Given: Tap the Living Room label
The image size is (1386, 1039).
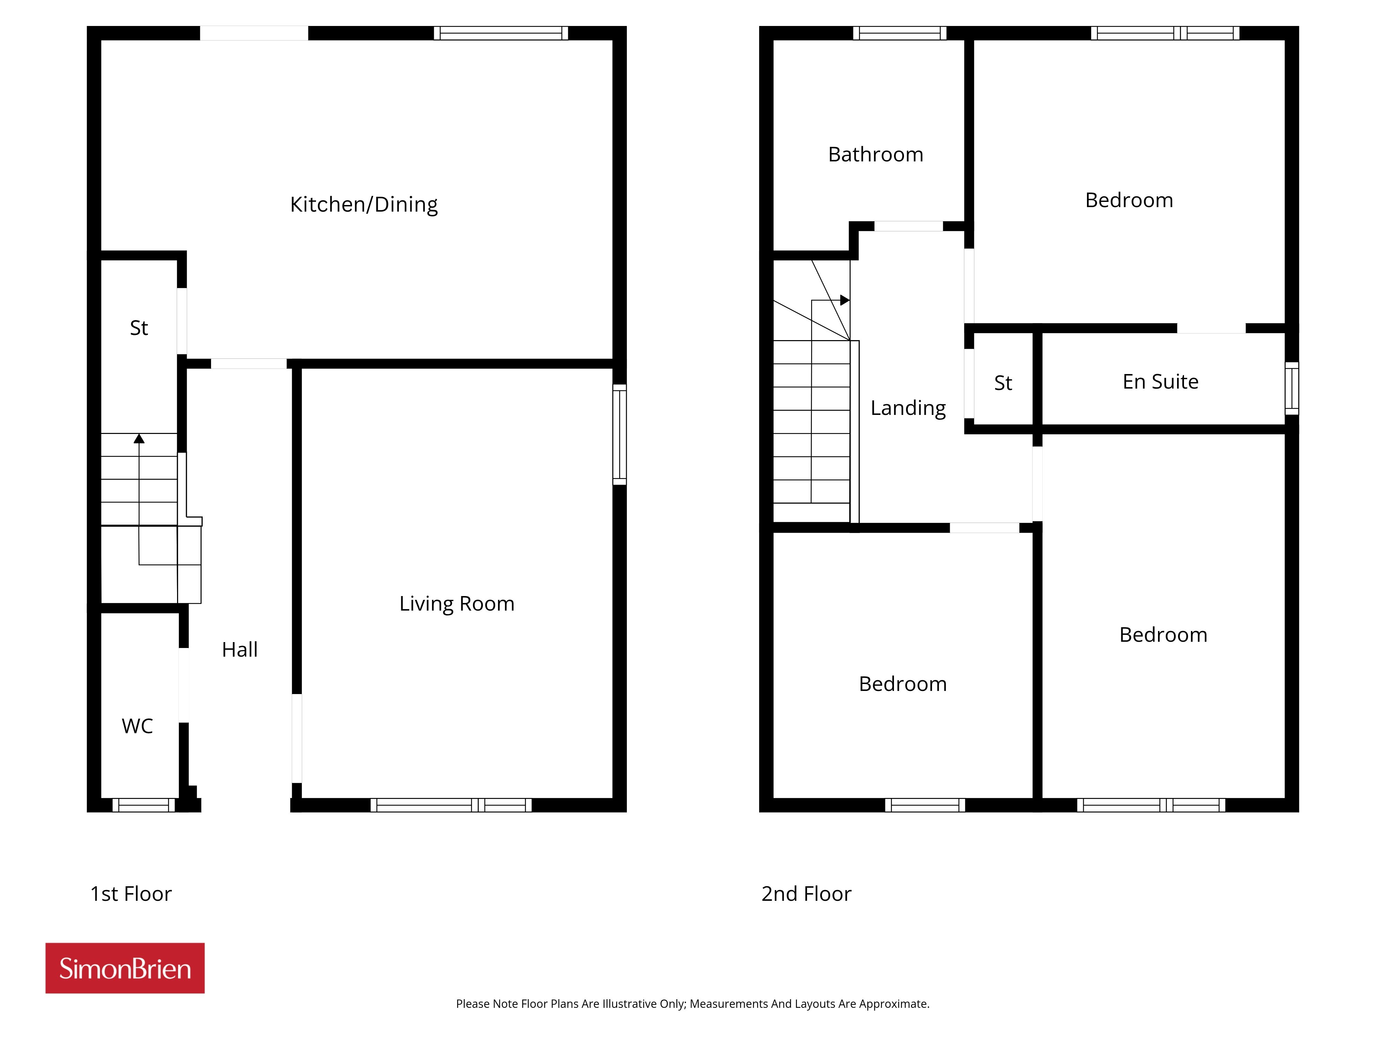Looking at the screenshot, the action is [457, 604].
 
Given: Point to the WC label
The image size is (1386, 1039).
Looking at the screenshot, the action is [137, 726].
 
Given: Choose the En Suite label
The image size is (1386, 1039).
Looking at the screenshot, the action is [1160, 381].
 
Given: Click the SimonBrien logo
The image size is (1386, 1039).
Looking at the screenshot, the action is [125, 968].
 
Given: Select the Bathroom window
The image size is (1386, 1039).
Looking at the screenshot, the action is [899, 33].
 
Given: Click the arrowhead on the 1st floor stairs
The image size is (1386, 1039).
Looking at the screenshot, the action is [139, 438].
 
